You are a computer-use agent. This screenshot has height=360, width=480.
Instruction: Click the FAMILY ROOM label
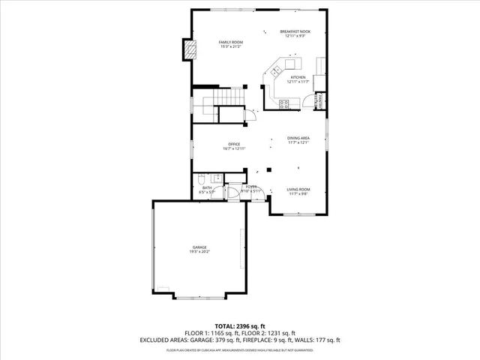(x=230, y=42)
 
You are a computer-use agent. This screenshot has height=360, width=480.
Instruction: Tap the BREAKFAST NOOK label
(x=295, y=31)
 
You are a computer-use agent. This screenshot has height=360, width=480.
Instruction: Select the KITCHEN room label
(x=298, y=77)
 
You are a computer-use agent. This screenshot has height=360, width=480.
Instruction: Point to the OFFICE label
(x=234, y=144)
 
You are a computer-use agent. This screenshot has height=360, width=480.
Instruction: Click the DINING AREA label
(x=298, y=138)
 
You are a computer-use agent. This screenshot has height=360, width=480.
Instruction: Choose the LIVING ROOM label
(x=298, y=190)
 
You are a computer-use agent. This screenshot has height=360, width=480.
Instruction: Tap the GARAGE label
(x=199, y=247)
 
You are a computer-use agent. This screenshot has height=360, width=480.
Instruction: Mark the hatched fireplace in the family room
(x=192, y=51)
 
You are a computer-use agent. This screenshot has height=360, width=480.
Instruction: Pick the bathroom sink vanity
(x=216, y=178)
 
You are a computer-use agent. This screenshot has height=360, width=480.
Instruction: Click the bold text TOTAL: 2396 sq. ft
(x=239, y=326)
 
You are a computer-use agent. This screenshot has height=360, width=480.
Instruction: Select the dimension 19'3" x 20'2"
(x=199, y=252)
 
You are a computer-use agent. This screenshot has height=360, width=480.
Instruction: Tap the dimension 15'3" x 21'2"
(x=230, y=46)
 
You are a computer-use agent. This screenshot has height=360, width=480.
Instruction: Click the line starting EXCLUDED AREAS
(x=239, y=340)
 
